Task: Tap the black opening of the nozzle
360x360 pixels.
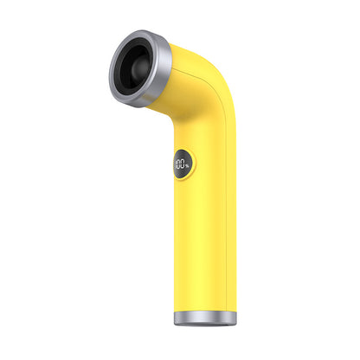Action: pos(130,80)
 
